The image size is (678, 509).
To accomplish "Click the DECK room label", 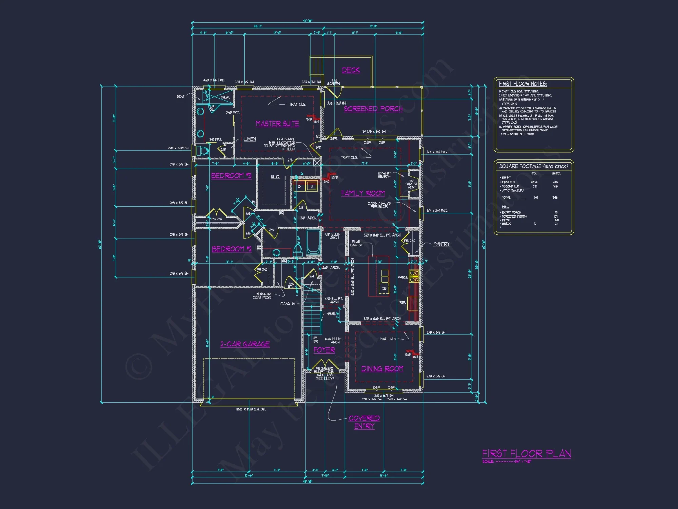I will (351, 70).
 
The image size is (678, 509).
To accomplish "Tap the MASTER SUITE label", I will (277, 124).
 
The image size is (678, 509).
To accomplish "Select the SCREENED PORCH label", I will (373, 109).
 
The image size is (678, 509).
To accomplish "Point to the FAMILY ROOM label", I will (363, 193).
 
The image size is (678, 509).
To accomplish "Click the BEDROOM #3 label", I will (231, 175).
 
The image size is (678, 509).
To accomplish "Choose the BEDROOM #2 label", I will (231, 249).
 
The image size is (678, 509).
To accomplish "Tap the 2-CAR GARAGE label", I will (245, 344).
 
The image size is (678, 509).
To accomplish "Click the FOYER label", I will (324, 350).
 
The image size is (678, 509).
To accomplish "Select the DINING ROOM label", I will (382, 369).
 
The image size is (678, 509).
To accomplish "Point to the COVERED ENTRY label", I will (364, 422).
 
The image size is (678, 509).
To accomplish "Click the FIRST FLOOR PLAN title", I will (526, 453).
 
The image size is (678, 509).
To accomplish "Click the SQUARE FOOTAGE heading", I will (533, 166).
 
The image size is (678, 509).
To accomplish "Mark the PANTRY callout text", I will (441, 244).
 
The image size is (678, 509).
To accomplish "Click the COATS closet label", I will (287, 304).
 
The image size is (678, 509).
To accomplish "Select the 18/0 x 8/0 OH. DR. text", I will (251, 409).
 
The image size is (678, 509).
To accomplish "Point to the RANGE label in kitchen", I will (402, 277).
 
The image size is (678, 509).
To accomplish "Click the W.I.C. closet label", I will (275, 177).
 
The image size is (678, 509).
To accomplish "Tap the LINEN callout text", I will (250, 139).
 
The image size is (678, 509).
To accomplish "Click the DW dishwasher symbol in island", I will (384, 289).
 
